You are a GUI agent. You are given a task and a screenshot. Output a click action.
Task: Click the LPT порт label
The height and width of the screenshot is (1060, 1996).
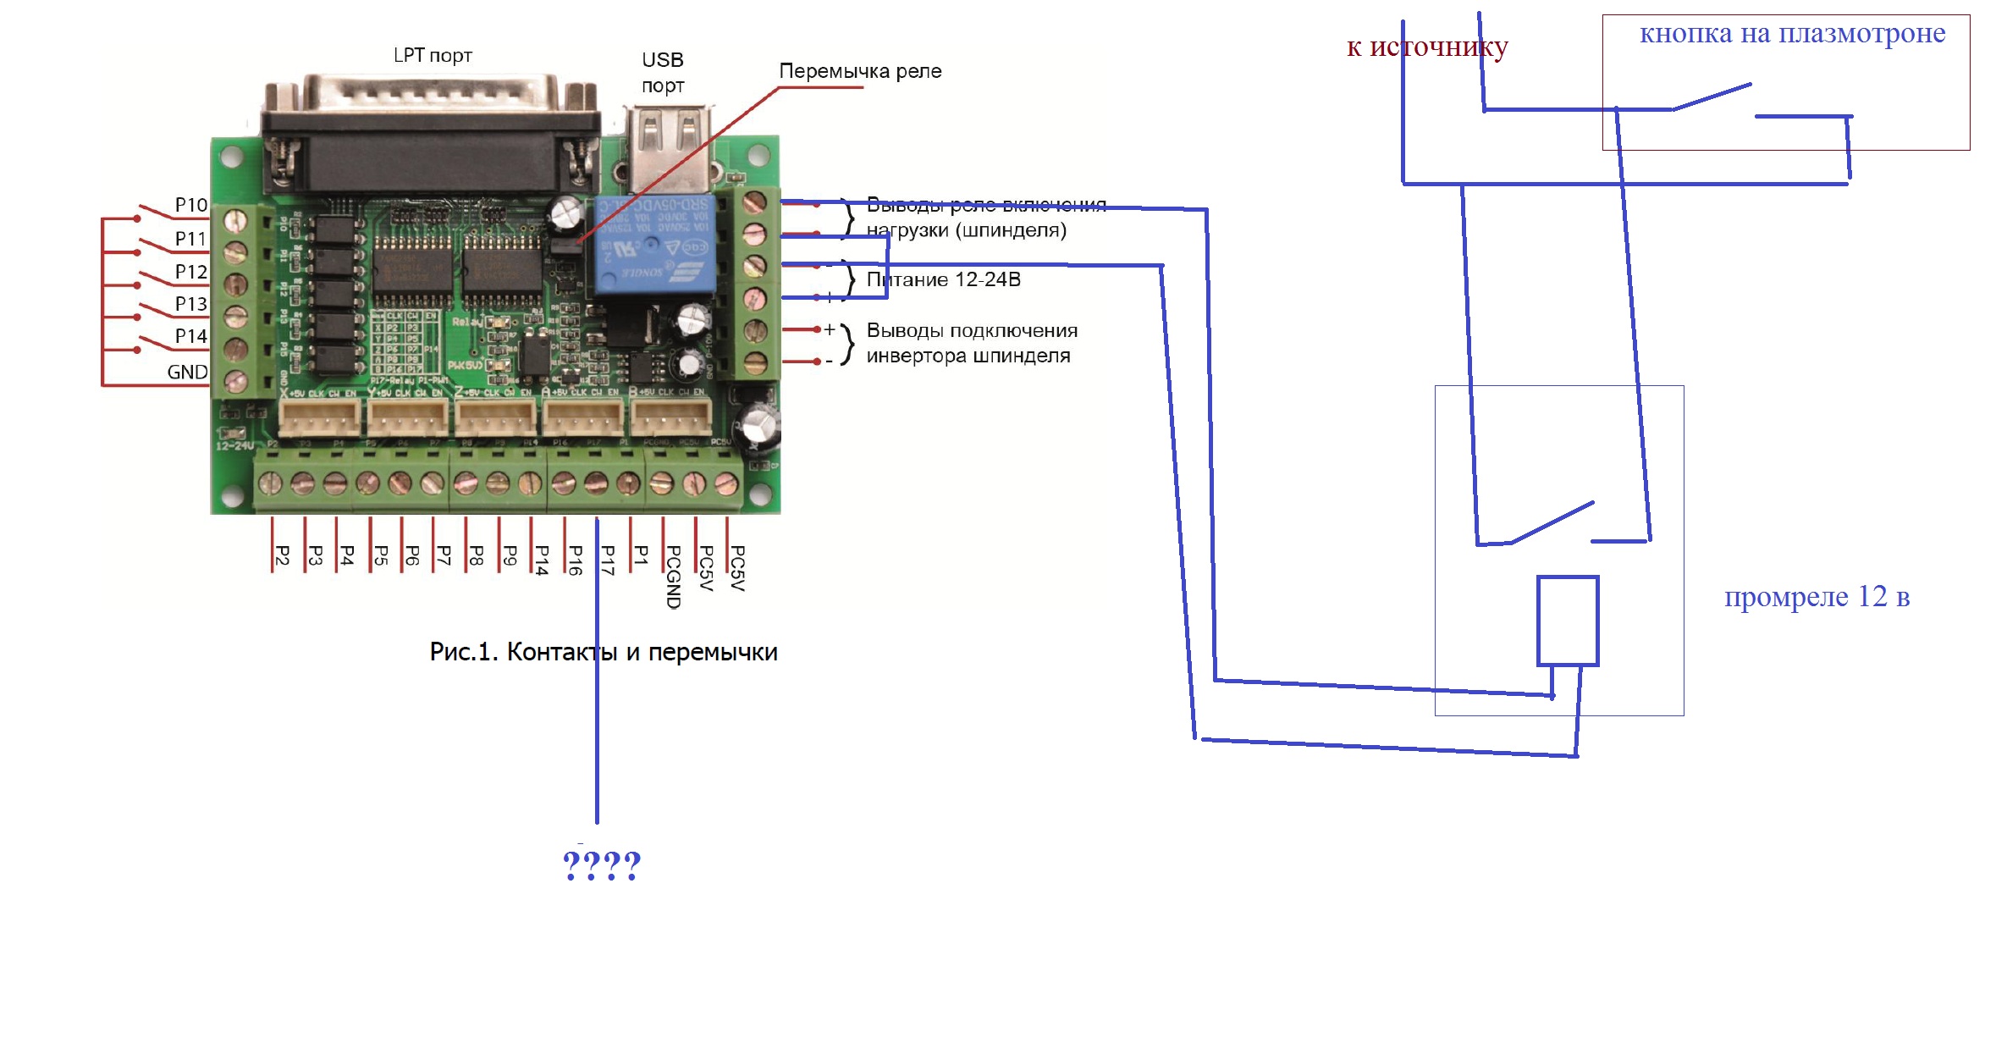(433, 56)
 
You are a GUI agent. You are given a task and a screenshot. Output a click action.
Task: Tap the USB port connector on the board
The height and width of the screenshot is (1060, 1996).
(668, 148)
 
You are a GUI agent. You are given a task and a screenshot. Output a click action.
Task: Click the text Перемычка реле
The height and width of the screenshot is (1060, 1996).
(859, 71)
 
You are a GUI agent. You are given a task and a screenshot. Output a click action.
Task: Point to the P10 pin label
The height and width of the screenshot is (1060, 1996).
(190, 205)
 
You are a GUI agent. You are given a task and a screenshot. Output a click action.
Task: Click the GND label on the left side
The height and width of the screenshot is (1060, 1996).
(187, 373)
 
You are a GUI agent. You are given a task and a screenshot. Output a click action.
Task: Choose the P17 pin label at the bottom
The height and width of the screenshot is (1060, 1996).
(608, 560)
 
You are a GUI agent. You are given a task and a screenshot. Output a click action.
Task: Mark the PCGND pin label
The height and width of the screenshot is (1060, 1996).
(674, 577)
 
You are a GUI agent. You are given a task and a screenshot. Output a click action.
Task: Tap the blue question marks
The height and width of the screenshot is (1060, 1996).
(602, 865)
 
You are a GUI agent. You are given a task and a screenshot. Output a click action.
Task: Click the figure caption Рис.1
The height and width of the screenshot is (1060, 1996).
(603, 652)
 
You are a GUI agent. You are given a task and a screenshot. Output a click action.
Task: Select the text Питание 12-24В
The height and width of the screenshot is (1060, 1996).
(943, 280)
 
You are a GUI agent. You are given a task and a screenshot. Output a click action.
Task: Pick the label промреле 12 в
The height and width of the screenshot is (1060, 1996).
(1817, 597)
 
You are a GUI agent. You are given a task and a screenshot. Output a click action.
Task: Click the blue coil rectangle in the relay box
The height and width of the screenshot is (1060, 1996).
(1567, 621)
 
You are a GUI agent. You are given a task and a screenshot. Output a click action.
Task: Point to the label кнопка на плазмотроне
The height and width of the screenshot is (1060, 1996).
(1792, 34)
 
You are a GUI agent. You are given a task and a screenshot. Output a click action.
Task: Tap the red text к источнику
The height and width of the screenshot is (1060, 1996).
(1427, 47)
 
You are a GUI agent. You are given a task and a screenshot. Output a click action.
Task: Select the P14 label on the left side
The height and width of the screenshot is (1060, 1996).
(190, 336)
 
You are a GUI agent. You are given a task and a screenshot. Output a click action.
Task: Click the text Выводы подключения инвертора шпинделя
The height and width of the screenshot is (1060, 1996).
(971, 343)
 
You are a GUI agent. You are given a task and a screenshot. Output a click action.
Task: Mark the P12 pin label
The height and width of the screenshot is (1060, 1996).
(190, 272)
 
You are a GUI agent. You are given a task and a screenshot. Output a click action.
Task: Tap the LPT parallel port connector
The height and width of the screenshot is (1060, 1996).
(431, 135)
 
